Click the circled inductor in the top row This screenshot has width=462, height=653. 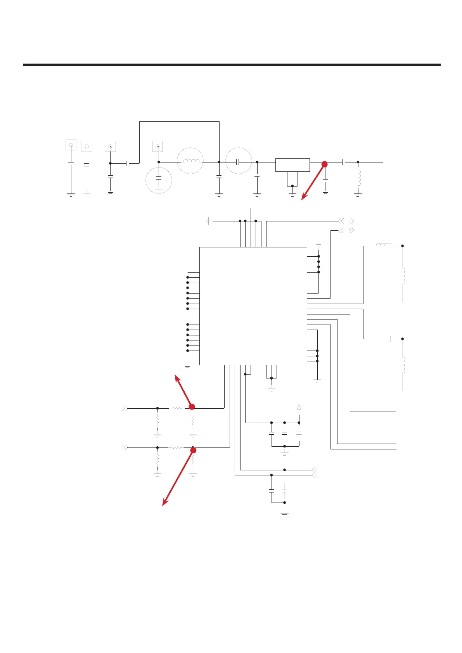pyautogui.click(x=190, y=161)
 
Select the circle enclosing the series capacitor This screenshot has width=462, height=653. pyautogui.click(x=239, y=161)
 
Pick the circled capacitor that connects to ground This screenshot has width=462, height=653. pyautogui.click(x=159, y=180)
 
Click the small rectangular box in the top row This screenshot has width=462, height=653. pyautogui.click(x=292, y=165)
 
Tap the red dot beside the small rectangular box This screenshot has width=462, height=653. pyautogui.click(x=325, y=164)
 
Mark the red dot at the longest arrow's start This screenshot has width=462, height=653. pyautogui.click(x=193, y=450)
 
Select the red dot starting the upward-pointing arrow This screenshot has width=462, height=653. pyautogui.click(x=191, y=406)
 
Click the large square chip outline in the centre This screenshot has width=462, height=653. pyautogui.click(x=253, y=306)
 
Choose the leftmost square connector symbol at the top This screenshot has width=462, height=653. pyautogui.click(x=71, y=145)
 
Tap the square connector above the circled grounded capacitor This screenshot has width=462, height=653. pyautogui.click(x=157, y=146)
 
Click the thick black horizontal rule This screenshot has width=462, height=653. pyautogui.click(x=232, y=65)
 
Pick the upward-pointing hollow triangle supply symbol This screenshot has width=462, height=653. pyautogui.click(x=299, y=407)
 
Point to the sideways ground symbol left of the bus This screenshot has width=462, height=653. pyautogui.click(x=208, y=221)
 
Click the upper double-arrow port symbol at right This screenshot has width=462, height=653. pyautogui.click(x=346, y=221)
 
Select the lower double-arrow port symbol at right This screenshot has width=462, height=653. pyautogui.click(x=346, y=230)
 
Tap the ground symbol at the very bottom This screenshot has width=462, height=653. pyautogui.click(x=285, y=514)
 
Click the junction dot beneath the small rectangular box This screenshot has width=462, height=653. pyautogui.click(x=292, y=186)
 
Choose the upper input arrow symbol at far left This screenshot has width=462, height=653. pyautogui.click(x=125, y=408)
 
